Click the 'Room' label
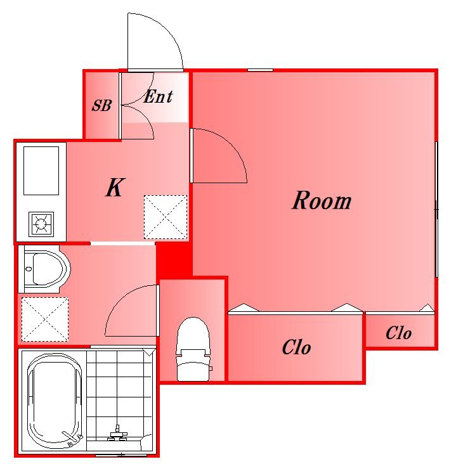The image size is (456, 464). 322,200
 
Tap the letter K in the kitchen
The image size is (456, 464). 115,188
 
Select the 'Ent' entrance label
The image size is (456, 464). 158,96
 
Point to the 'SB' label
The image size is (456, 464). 101,105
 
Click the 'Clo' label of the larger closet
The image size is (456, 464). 296,347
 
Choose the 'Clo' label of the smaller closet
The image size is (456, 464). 398,333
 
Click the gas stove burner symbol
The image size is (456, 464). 41,224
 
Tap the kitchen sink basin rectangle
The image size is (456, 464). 41,171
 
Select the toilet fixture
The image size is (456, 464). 193,349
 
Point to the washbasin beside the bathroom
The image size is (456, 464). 44,269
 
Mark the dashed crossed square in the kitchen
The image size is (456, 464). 166,217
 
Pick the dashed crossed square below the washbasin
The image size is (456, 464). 44,319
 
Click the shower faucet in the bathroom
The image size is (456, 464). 118,434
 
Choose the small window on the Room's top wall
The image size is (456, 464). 260,70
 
